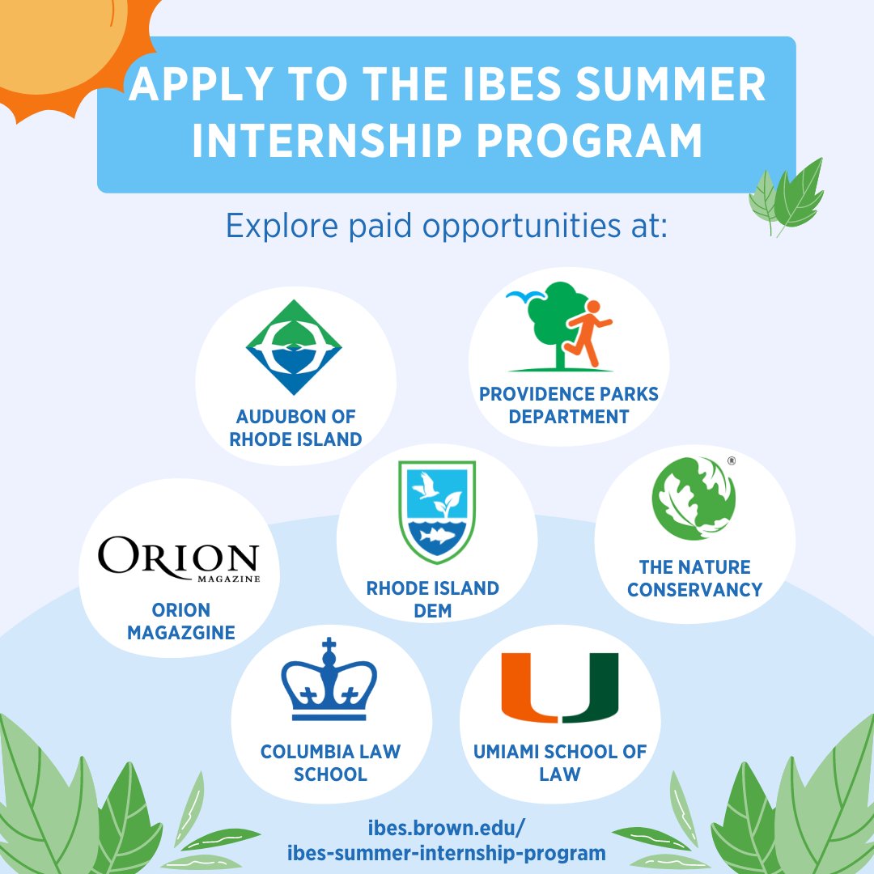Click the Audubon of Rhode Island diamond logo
click(x=294, y=346)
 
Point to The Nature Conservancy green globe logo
click(x=694, y=499)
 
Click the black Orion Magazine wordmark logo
click(x=179, y=558)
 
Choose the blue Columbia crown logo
click(x=329, y=679)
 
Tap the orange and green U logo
click(x=560, y=687)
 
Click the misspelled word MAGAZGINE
click(x=181, y=633)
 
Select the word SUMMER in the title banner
click(x=671, y=85)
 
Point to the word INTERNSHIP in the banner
click(x=327, y=141)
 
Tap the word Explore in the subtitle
click(x=282, y=227)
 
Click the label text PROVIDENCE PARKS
click(x=569, y=394)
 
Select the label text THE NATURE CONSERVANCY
click(x=694, y=578)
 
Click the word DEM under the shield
click(x=432, y=611)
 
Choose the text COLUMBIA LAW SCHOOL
click(x=330, y=762)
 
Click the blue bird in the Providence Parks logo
click(x=525, y=296)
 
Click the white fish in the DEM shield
click(x=438, y=536)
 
